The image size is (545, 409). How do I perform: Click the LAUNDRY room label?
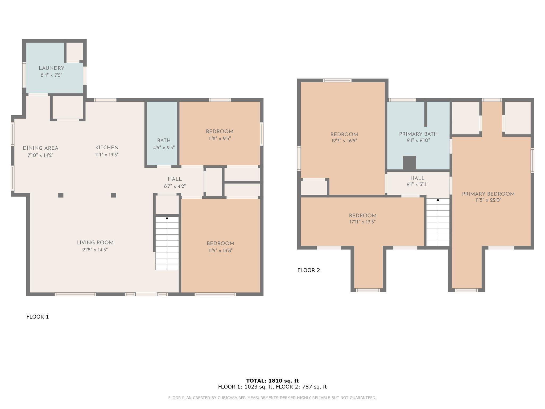pos(51,68)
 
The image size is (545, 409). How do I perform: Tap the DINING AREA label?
pos(40,148)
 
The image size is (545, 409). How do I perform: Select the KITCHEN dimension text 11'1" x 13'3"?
pos(107,155)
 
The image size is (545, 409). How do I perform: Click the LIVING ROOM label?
pos(95,243)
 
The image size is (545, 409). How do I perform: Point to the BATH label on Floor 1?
pos(164,141)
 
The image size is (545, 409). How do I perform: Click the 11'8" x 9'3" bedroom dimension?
pos(220,138)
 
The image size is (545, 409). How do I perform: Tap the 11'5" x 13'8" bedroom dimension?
pos(220,251)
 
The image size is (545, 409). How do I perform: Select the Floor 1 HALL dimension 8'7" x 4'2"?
pos(175,186)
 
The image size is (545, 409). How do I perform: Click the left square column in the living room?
pos(61,195)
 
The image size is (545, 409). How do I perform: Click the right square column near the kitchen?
pos(114,195)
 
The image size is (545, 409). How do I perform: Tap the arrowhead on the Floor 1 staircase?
pos(167,218)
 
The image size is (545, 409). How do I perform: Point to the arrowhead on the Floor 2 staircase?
pos(438,200)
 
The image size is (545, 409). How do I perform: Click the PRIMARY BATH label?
pos(418,134)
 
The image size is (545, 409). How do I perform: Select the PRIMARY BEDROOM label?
pos(488,194)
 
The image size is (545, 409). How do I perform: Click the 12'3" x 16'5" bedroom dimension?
pos(344,141)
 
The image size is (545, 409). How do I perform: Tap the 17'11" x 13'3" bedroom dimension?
pos(363,222)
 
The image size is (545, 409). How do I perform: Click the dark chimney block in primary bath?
pos(409,163)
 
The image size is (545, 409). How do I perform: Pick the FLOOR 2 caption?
pos(309,270)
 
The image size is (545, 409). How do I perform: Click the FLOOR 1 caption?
pos(38,317)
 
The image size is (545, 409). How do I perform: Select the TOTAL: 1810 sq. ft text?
pos(272,381)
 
